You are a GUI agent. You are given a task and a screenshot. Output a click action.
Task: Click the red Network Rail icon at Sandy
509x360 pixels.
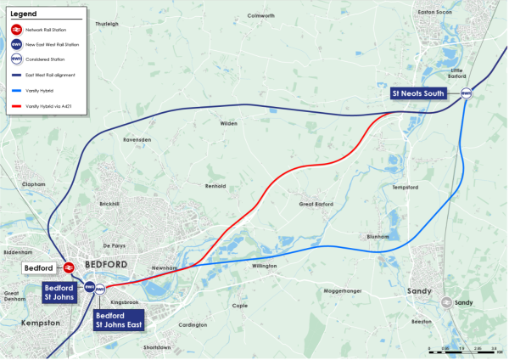coord(444,302)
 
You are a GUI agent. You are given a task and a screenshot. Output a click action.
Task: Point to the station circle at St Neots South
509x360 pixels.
coord(466,94)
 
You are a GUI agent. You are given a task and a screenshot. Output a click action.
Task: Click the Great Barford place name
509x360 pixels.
coord(316,204)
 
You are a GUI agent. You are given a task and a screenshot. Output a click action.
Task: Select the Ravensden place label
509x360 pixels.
coord(137,139)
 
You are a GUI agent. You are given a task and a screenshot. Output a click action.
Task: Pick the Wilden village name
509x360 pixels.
coord(228,123)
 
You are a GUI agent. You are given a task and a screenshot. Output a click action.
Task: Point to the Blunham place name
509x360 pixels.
coord(378,237)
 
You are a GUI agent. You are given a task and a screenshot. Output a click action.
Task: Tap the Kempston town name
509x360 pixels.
coord(41,323)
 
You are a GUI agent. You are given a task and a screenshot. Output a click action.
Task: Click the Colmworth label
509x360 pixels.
coord(260,15)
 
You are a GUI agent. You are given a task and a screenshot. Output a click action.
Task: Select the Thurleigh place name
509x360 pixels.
coord(107,24)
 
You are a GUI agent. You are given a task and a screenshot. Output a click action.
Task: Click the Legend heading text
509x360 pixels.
coord(24,14)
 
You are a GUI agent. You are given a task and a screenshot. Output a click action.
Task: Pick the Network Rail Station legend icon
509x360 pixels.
coord(16,30)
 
